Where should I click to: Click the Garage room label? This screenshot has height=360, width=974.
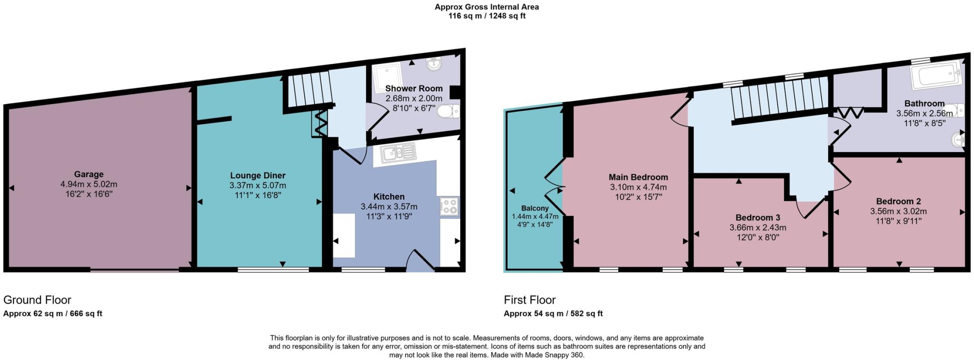click(88, 175)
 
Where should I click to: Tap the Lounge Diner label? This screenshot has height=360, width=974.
click(258, 175)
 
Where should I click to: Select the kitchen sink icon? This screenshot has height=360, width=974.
click(398, 153)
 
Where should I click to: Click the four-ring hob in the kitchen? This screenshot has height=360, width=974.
click(449, 206)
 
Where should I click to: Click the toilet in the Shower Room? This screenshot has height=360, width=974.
click(448, 111)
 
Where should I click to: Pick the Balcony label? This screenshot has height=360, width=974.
click(535, 208)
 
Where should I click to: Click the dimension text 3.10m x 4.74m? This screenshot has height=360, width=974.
click(638, 187)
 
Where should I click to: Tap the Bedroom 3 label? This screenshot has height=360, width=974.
click(758, 218)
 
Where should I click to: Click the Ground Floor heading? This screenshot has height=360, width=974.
click(37, 300)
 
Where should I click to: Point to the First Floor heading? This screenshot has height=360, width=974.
click(530, 300)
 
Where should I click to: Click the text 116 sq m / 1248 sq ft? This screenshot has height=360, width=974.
click(487, 16)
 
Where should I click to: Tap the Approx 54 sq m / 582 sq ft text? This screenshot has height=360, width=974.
click(553, 313)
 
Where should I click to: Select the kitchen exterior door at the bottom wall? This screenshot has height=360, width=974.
click(420, 263)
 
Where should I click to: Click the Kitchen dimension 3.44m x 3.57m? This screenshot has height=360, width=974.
click(389, 206)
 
